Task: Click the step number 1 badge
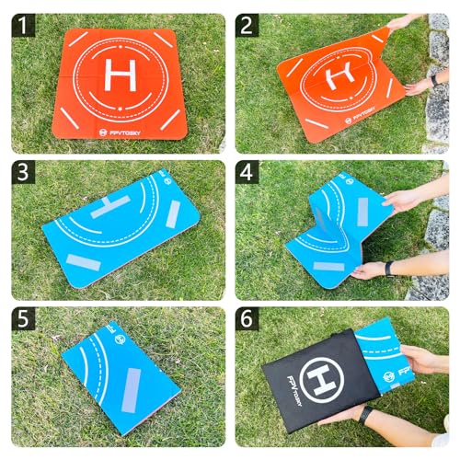(x=24, y=25)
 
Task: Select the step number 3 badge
(x=24, y=172)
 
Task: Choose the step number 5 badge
(x=24, y=319)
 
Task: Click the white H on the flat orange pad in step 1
(x=120, y=73)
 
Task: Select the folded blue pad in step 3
(x=120, y=225)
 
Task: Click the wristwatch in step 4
(x=390, y=269)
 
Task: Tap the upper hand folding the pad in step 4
(x=405, y=198)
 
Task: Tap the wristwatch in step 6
(x=366, y=415)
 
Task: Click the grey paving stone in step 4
(x=436, y=230)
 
